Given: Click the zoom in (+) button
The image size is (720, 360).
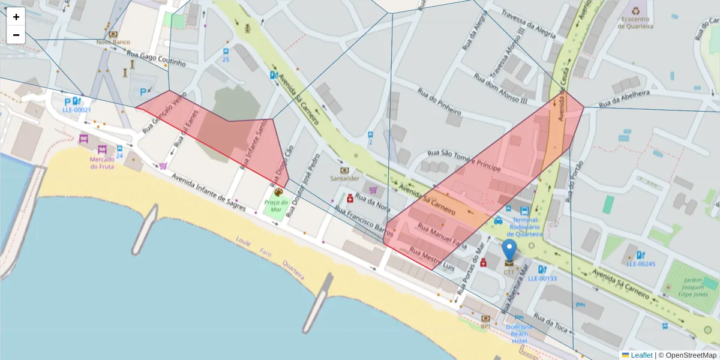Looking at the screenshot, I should (16, 17).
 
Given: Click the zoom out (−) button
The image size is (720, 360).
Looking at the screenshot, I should (16, 35).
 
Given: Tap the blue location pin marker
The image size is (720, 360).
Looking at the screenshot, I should (509, 250).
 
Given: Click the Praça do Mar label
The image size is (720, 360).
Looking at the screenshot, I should (277, 206).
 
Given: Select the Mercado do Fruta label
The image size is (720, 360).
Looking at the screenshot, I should (102, 163).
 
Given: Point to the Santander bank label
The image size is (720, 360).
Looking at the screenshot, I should (344, 178).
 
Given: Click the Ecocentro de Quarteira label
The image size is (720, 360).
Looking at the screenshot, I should (636, 22).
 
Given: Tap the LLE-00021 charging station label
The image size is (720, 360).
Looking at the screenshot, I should (77, 110).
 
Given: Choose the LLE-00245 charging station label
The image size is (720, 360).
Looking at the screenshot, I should (641, 263).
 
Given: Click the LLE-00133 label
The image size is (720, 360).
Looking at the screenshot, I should (542, 278).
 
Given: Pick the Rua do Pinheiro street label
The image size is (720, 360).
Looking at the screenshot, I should (439, 103).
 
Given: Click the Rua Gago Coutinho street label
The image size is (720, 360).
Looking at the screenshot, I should (158, 59).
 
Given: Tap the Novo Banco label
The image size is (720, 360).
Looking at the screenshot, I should (113, 42).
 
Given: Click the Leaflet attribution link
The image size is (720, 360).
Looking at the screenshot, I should (641, 355).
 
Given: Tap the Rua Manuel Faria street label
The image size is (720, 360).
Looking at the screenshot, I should (442, 236).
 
